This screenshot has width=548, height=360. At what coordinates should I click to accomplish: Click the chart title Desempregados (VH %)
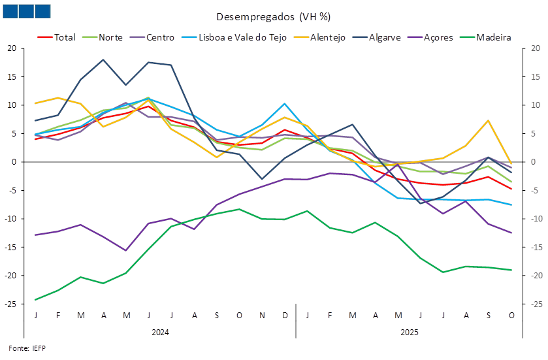pos(273,16)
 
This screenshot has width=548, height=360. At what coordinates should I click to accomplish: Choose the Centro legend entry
pos(160,37)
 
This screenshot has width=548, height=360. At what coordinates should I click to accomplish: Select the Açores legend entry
pos(438,37)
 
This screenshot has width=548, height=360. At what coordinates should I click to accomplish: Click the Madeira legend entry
pos(493,37)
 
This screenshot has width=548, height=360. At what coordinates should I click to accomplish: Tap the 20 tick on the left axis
pos(12,48)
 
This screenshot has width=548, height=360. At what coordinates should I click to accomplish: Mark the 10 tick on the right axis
pos(534,105)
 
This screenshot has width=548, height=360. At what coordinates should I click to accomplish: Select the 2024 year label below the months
pos(160,332)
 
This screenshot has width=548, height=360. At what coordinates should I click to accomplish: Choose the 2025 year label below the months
pos(409,332)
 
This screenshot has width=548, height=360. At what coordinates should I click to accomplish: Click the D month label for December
pos(285,316)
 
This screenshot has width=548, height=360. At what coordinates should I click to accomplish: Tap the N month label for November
pos(262,316)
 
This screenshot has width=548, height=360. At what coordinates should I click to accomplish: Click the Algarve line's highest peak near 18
pos(103,59)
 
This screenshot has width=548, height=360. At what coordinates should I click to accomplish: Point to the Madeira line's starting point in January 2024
pos(35,300)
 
